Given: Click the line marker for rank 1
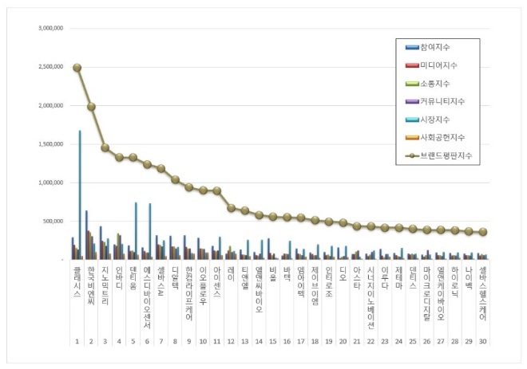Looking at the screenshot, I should [77, 68].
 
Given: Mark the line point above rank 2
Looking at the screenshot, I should [91, 106].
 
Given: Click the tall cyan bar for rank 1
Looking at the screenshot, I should [79, 194].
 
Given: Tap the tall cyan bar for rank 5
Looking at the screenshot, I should [136, 231].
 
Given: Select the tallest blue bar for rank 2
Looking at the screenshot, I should [87, 234].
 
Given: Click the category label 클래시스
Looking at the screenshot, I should [77, 283].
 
